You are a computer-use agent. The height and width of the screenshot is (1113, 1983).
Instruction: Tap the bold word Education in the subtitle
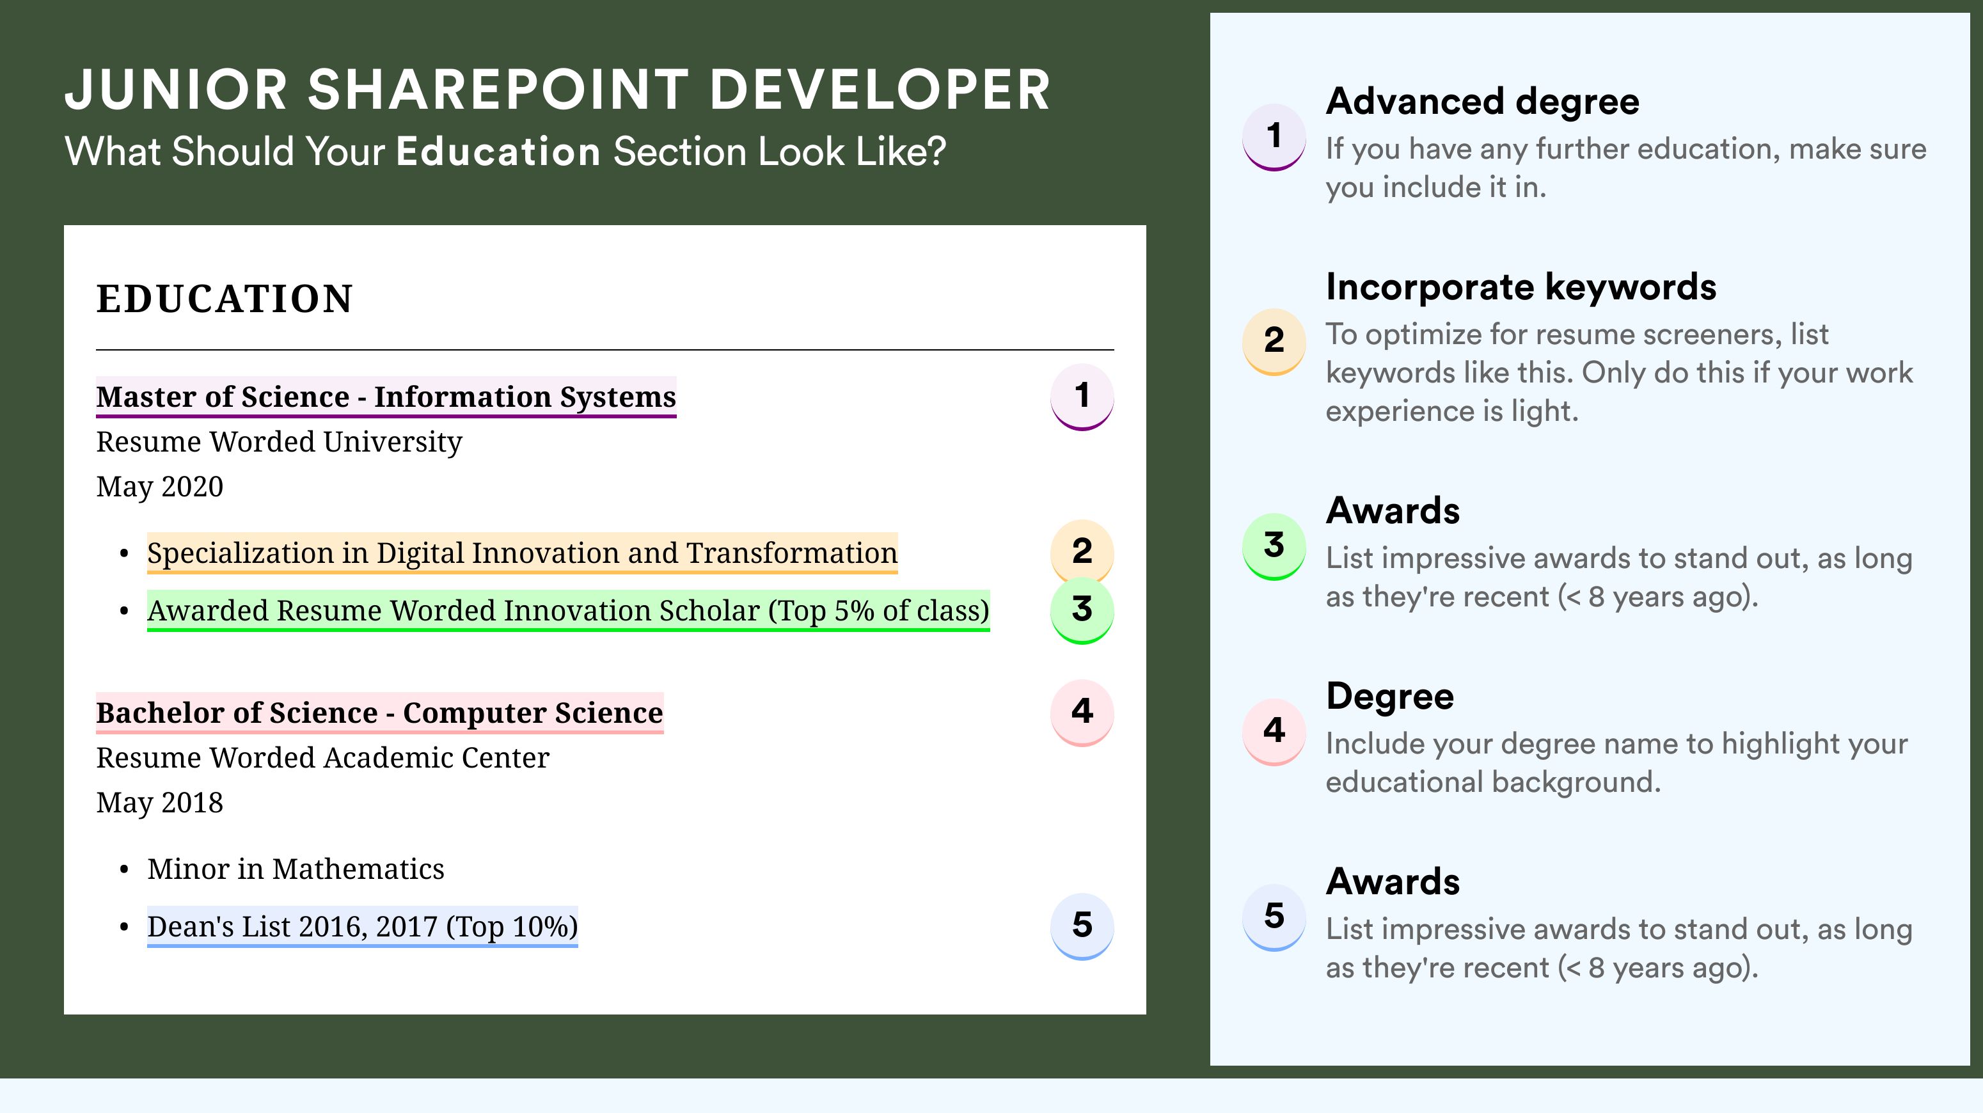tap(498, 151)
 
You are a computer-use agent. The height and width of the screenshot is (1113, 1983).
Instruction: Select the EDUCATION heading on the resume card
tap(224, 299)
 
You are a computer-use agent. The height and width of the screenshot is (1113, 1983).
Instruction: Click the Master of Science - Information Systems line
tap(386, 397)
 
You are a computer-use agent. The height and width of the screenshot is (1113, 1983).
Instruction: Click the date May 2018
tap(159, 803)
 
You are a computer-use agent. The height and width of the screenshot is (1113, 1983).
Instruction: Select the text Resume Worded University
tap(279, 442)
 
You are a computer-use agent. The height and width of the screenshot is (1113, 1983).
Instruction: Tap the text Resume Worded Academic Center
tap(322, 757)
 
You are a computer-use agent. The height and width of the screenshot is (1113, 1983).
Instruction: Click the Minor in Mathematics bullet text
tap(296, 869)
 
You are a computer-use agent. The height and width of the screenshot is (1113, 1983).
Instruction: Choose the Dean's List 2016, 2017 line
tap(363, 927)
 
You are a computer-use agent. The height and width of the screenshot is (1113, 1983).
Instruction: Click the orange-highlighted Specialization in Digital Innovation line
tap(522, 553)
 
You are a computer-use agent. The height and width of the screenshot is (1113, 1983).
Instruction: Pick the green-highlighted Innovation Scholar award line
tap(568, 610)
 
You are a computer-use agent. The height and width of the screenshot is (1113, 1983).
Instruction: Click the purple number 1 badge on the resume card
tap(1082, 397)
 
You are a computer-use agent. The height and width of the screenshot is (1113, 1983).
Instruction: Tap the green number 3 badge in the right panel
tap(1274, 546)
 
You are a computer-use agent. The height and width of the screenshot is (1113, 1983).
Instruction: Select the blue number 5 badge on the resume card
tap(1082, 926)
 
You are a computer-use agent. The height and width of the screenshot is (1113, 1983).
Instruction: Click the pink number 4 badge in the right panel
tap(1274, 731)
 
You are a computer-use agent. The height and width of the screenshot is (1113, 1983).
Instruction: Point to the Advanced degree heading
tap(1483, 102)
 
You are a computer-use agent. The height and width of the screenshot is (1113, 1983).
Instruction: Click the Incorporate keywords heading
tap(1521, 288)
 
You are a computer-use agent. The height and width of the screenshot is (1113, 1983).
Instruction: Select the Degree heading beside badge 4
tap(1390, 697)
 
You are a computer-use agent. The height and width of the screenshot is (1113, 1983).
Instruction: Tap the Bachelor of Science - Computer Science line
tap(379, 713)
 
